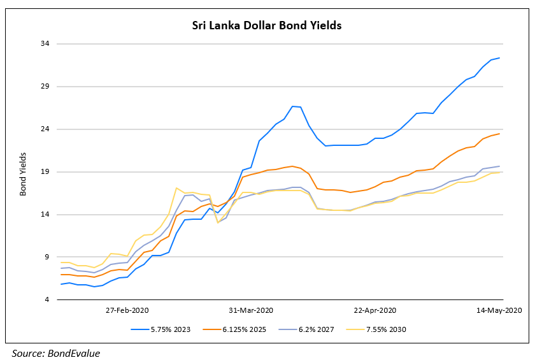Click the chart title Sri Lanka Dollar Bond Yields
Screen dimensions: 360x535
(267, 26)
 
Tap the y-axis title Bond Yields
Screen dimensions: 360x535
(23, 173)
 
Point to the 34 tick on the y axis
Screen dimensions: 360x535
(45, 44)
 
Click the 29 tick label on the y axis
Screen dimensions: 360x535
(45, 87)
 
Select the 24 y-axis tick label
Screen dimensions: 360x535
(45, 129)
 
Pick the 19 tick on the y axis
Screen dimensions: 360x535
(45, 172)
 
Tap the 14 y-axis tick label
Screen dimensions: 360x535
(45, 215)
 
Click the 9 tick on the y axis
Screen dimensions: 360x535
(47, 257)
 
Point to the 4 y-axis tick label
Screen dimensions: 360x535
(47, 300)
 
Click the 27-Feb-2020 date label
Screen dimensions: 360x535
(127, 310)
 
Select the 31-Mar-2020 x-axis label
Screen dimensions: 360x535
(250, 310)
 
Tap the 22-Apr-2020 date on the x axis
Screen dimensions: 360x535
(374, 310)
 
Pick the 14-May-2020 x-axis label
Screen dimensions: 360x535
(500, 310)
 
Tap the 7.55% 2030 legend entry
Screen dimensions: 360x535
(384, 329)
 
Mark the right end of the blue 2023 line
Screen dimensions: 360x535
(499, 58)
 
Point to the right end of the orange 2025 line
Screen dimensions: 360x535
(499, 134)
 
